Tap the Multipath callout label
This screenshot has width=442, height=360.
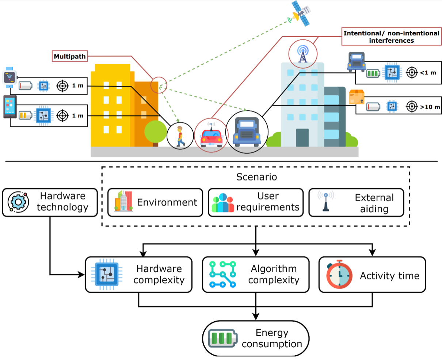[70, 56]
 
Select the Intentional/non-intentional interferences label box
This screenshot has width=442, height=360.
[391, 37]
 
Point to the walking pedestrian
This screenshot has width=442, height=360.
[180, 136]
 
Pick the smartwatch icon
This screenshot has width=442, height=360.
[9, 77]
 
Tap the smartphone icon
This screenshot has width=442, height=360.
[9, 107]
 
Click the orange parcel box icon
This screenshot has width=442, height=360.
[357, 97]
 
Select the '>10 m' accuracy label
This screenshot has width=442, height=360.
[430, 107]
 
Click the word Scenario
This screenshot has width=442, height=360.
[256, 177]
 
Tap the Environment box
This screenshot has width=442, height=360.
[155, 203]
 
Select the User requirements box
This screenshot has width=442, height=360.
[256, 203]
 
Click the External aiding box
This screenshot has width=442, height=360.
[356, 203]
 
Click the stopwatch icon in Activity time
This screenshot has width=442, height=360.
[339, 275]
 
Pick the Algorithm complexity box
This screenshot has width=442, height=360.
[256, 275]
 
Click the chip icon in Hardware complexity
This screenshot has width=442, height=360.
[107, 275]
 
